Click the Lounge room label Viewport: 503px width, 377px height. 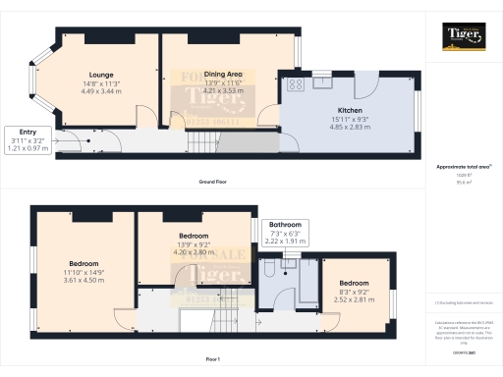(100, 75)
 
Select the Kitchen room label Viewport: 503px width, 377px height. (351, 110)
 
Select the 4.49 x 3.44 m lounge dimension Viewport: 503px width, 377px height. (100, 90)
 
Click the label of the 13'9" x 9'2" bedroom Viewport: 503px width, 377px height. (193, 237)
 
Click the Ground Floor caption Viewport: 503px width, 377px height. (213, 184)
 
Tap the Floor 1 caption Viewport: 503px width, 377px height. (213, 361)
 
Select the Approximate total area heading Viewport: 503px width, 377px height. (461, 167)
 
